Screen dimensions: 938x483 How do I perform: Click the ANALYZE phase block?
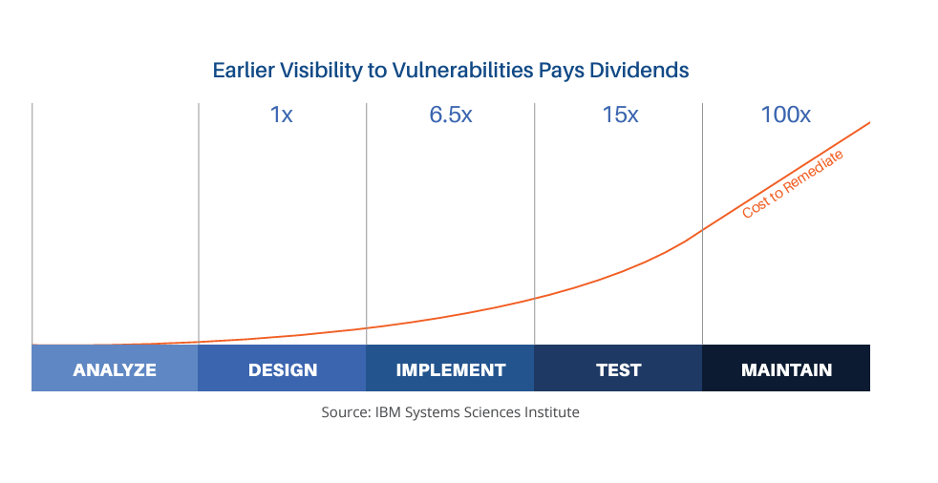pyautogui.click(x=115, y=368)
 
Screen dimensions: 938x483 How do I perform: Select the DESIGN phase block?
pyautogui.click(x=283, y=368)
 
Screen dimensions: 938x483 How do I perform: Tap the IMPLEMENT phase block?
pyautogui.click(x=450, y=368)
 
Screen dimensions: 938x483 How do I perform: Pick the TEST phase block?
pyautogui.click(x=618, y=368)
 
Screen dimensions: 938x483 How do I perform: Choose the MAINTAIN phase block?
pyautogui.click(x=786, y=368)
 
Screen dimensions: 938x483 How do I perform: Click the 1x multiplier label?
pyautogui.click(x=281, y=115)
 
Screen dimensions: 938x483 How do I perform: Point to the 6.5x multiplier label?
pyautogui.click(x=451, y=115)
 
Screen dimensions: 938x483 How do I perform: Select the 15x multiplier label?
pyautogui.click(x=620, y=115)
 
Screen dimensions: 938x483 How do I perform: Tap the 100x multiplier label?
pyautogui.click(x=785, y=115)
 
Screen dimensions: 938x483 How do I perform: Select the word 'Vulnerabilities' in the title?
pyautogui.click(x=462, y=71)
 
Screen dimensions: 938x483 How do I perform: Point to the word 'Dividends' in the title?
pyautogui.click(x=639, y=71)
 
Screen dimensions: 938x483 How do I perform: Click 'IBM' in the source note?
pyautogui.click(x=388, y=412)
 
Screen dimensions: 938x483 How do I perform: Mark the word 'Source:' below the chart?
pyautogui.click(x=346, y=412)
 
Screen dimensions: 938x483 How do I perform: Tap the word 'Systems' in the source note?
pyautogui.click(x=435, y=413)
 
